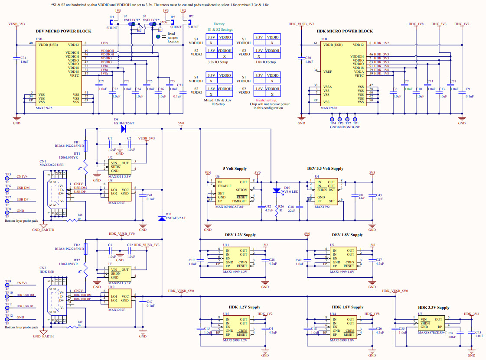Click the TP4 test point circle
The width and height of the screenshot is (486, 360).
[x=333, y=118]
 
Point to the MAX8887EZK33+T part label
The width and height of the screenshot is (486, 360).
[x=432, y=332]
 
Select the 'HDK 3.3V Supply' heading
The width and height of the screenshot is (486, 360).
[x=431, y=308]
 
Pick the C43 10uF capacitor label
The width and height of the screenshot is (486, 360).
[x=379, y=197]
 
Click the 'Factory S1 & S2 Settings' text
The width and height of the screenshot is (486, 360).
[x=219, y=27]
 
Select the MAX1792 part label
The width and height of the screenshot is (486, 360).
[x=322, y=207]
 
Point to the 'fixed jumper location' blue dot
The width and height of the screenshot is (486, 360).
[x=157, y=36]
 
